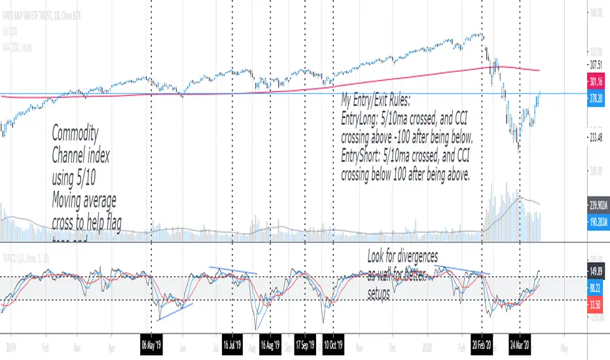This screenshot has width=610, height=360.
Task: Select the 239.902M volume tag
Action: pos(595,204)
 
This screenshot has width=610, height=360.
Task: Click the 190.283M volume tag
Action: pos(595,223)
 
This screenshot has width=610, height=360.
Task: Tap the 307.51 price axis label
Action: pos(595,64)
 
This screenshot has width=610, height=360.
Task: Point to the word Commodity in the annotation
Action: pos(75,135)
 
